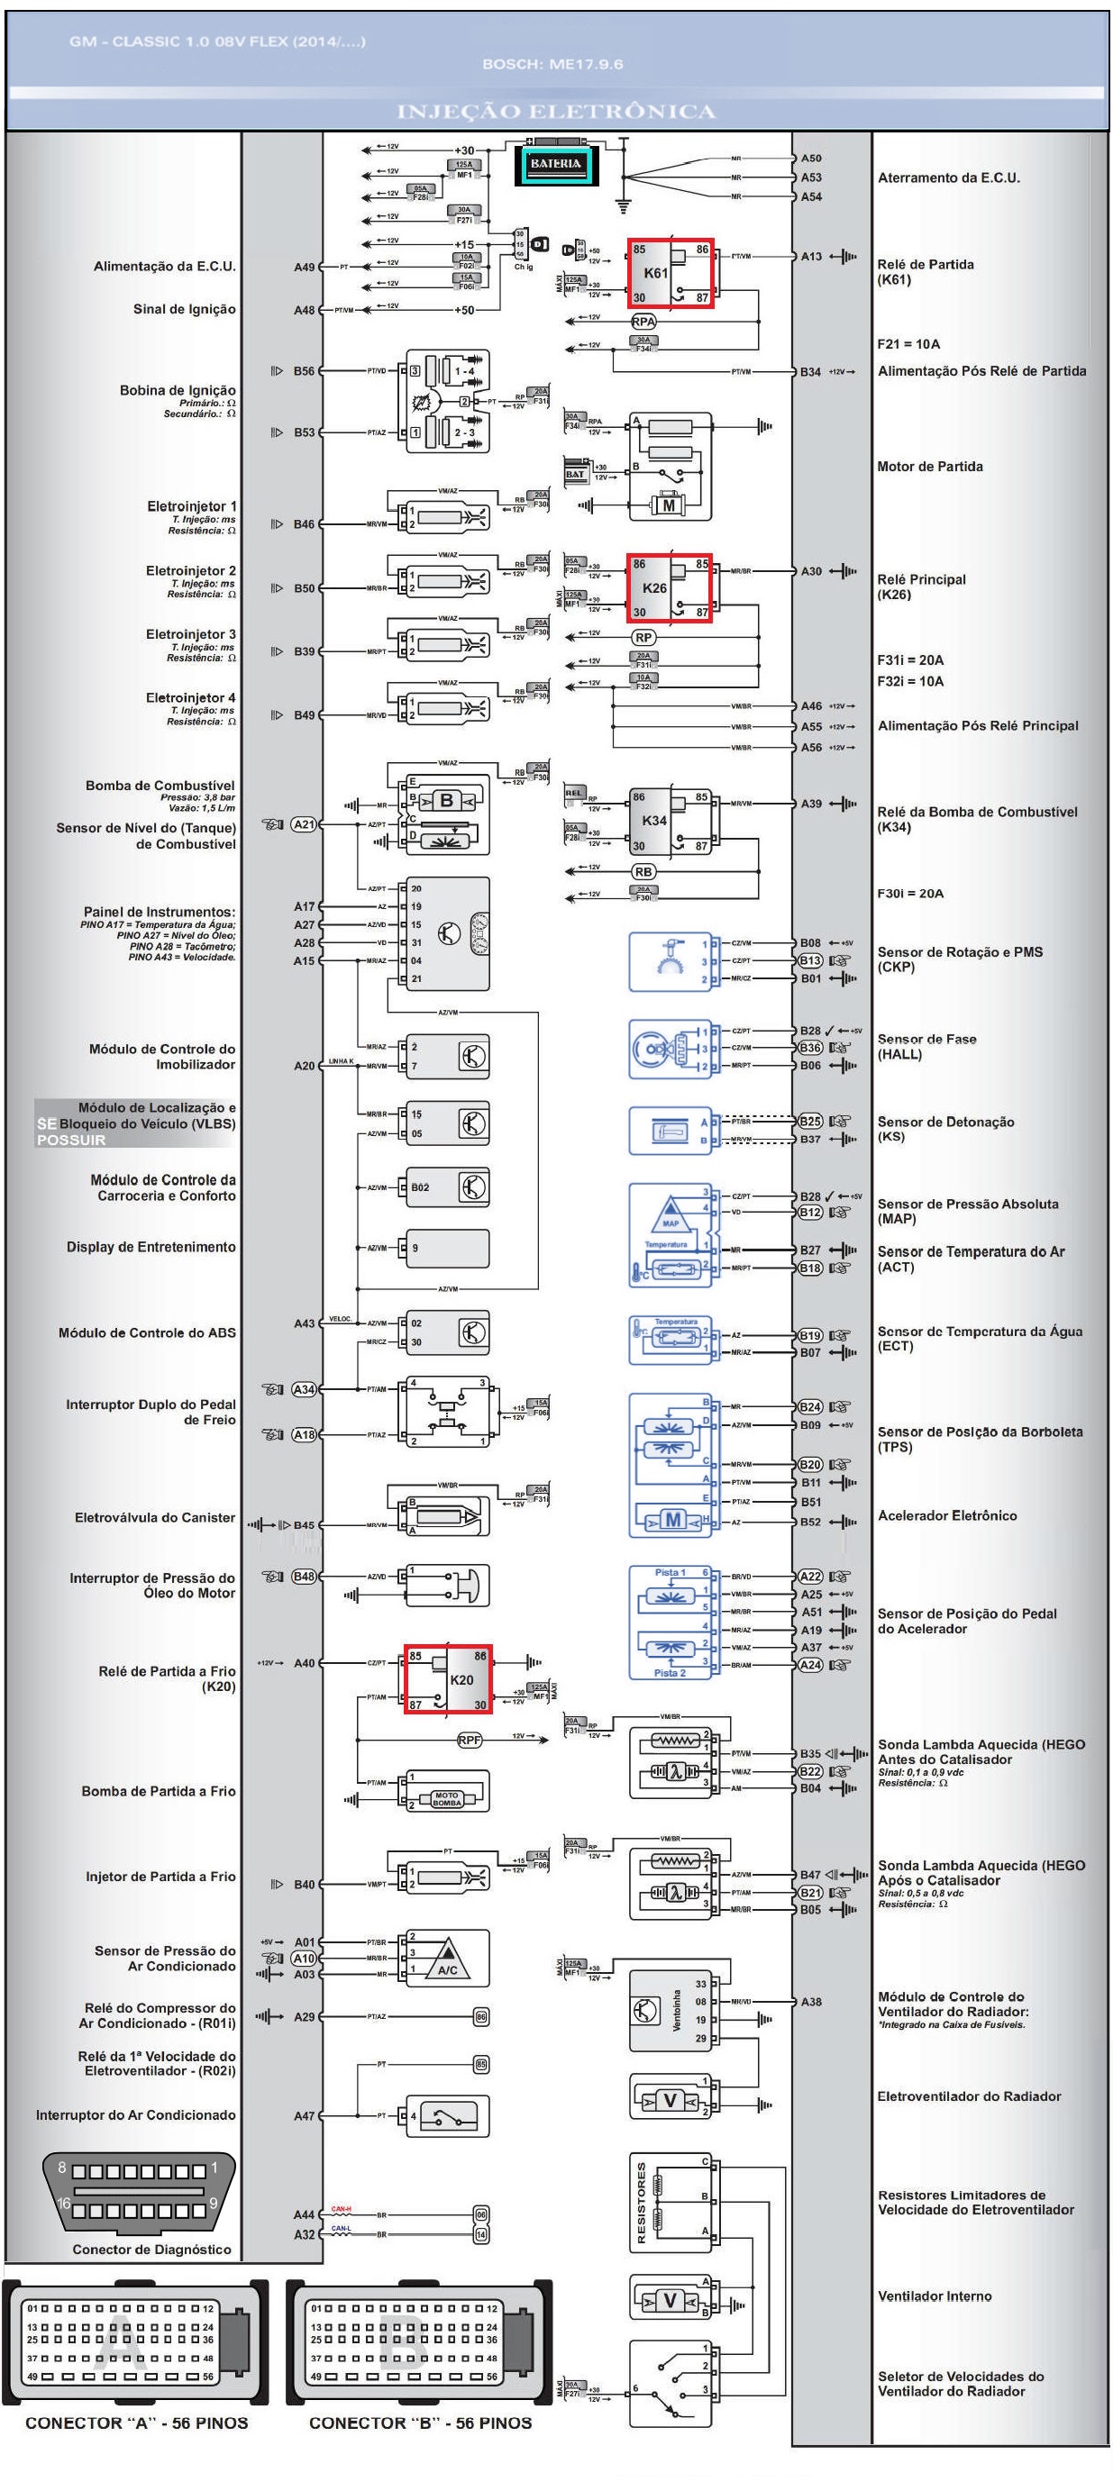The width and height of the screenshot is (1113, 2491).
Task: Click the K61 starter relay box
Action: [x=670, y=273]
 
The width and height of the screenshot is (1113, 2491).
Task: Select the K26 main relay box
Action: [x=670, y=587]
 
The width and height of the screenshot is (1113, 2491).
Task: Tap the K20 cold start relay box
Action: [x=448, y=1677]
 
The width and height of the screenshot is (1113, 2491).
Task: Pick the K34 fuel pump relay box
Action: [x=670, y=820]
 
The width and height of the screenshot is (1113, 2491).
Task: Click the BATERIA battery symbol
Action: [x=556, y=163]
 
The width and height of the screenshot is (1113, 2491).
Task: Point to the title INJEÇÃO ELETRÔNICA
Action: [x=556, y=111]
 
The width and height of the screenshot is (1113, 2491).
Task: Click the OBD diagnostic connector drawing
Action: [x=138, y=2191]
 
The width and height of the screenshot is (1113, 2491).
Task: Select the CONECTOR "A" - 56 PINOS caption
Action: [x=136, y=2423]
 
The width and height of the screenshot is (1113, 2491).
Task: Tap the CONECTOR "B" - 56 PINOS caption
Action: [x=420, y=2423]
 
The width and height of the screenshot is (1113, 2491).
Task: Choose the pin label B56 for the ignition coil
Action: [x=304, y=370]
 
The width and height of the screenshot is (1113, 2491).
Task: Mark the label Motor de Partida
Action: [x=929, y=466]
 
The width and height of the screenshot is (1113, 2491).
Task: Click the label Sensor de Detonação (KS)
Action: [x=944, y=1129]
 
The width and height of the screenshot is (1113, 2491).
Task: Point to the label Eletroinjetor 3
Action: [x=190, y=634]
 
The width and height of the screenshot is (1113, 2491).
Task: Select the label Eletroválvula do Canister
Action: [x=155, y=1517]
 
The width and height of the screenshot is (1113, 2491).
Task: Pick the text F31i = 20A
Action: [x=910, y=659]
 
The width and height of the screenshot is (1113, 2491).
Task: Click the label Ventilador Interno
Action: [x=934, y=2296]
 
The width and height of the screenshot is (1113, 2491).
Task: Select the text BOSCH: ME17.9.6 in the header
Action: [x=552, y=64]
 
